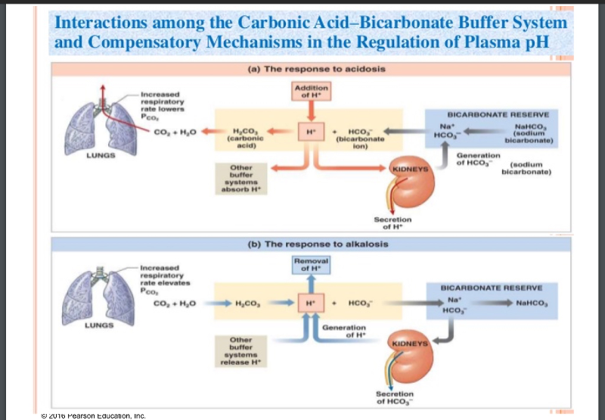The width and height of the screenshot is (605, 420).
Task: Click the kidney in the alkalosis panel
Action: [x=408, y=356]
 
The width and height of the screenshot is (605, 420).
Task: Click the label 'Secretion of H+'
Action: [x=392, y=223]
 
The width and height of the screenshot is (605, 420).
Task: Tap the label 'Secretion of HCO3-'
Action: [x=395, y=397]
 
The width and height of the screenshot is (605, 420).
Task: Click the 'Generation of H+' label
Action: [x=344, y=331]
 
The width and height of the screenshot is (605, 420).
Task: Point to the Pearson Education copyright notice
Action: [x=95, y=415]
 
